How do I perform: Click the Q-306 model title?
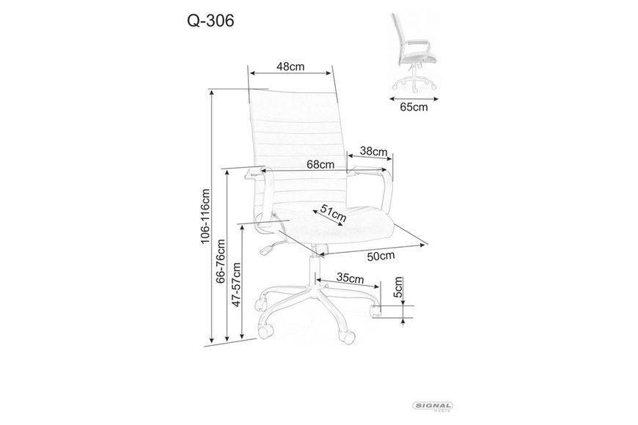210,21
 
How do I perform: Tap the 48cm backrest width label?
290,66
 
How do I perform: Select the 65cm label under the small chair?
414,107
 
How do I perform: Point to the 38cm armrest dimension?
373,152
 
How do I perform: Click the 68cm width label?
320,164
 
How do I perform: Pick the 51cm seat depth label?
333,212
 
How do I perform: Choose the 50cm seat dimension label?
381,256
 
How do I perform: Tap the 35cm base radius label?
351,278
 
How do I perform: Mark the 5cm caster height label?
398,287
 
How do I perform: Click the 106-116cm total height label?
205,216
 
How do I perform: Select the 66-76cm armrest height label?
220,261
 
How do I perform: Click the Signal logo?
433,406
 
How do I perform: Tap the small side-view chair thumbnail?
414,51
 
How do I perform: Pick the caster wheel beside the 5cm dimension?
375,309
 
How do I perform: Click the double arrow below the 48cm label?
290,73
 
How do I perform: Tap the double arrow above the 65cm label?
414,98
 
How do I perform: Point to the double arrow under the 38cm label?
370,157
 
